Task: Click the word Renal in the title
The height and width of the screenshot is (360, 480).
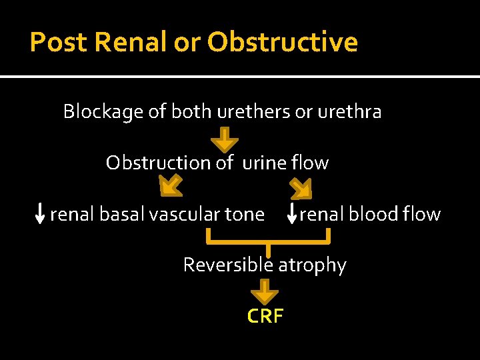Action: click(x=131, y=43)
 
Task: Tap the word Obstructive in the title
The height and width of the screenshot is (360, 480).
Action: click(x=282, y=43)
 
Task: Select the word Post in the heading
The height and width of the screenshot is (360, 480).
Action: click(x=59, y=43)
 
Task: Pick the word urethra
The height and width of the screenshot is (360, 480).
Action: click(x=349, y=112)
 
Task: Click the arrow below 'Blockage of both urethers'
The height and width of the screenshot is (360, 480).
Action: click(x=226, y=139)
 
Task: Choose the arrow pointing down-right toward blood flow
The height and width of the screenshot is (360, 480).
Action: click(x=301, y=189)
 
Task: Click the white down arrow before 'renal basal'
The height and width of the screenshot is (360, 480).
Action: click(x=40, y=214)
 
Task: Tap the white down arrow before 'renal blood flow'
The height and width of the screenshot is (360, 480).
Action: click(x=291, y=214)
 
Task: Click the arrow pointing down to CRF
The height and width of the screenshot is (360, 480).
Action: click(x=265, y=291)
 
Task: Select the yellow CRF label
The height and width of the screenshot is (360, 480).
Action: click(x=265, y=316)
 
